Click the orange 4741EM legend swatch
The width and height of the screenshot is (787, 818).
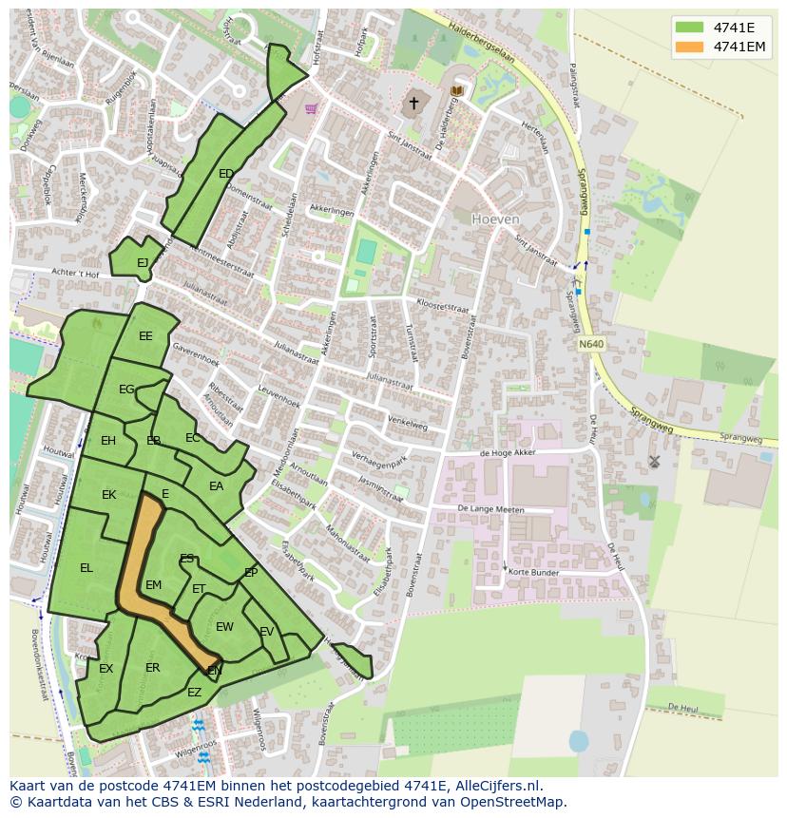coord(691,47)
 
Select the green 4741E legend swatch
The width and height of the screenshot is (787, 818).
coord(691,28)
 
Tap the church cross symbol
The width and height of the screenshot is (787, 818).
coord(413,103)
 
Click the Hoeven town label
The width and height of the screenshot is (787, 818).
coord(496,219)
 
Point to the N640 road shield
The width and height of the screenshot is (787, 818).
coord(590,344)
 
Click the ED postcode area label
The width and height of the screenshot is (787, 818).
coord(226,174)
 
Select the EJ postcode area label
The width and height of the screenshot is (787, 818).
coord(143,263)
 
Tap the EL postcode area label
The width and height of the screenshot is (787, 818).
coord(86,568)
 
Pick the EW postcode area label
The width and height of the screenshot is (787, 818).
coord(224,627)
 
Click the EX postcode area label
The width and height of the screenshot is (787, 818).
coord(106,669)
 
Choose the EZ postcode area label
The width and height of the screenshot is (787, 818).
coord(194,693)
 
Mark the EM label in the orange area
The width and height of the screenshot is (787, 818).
coord(153,585)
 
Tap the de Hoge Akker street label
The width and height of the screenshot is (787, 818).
coord(508,453)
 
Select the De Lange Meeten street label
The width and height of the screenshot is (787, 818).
coord(490,509)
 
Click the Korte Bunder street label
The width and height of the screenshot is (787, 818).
coord(533,573)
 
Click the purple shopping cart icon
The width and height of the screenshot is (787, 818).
coord(311,108)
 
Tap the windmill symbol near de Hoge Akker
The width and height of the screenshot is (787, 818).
coord(654,462)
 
